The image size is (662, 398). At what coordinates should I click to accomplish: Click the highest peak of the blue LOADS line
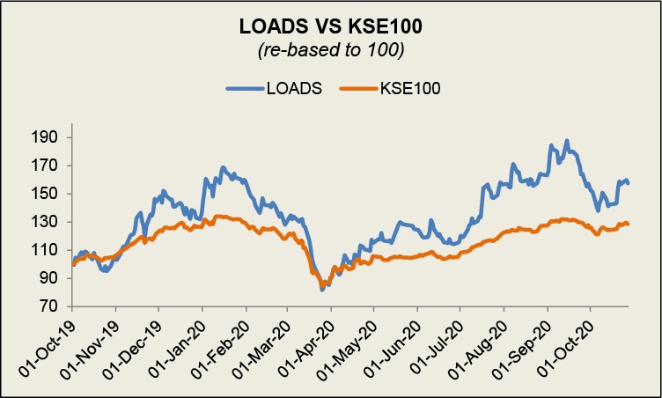pyautogui.click(x=567, y=141)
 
